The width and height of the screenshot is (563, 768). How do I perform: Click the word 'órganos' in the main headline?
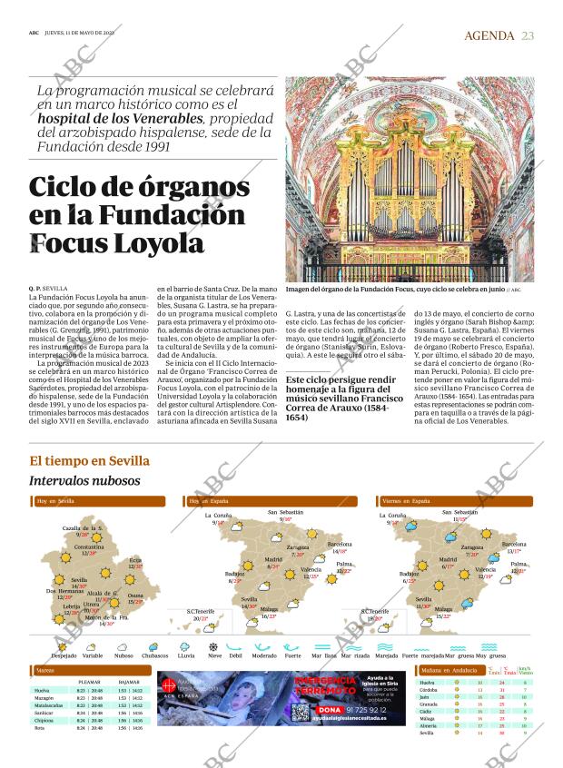coord(185,188)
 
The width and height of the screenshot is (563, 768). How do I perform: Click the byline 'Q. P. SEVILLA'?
coord(49,289)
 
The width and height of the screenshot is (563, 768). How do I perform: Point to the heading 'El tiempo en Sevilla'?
coord(89,461)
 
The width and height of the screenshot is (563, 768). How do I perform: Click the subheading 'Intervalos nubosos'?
coord(84,480)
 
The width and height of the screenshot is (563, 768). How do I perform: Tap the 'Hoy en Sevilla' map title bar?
coord(55,501)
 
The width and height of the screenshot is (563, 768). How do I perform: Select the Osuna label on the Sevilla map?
coord(135,596)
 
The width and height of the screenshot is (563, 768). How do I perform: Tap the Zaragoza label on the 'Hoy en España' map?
coord(296,547)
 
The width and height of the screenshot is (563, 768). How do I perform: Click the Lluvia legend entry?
coord(185,655)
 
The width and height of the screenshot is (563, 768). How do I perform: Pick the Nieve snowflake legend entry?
coord(214,655)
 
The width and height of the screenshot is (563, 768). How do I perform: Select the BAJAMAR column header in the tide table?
coord(129,681)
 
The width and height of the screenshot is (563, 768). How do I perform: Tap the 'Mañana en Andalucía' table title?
coord(449,670)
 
